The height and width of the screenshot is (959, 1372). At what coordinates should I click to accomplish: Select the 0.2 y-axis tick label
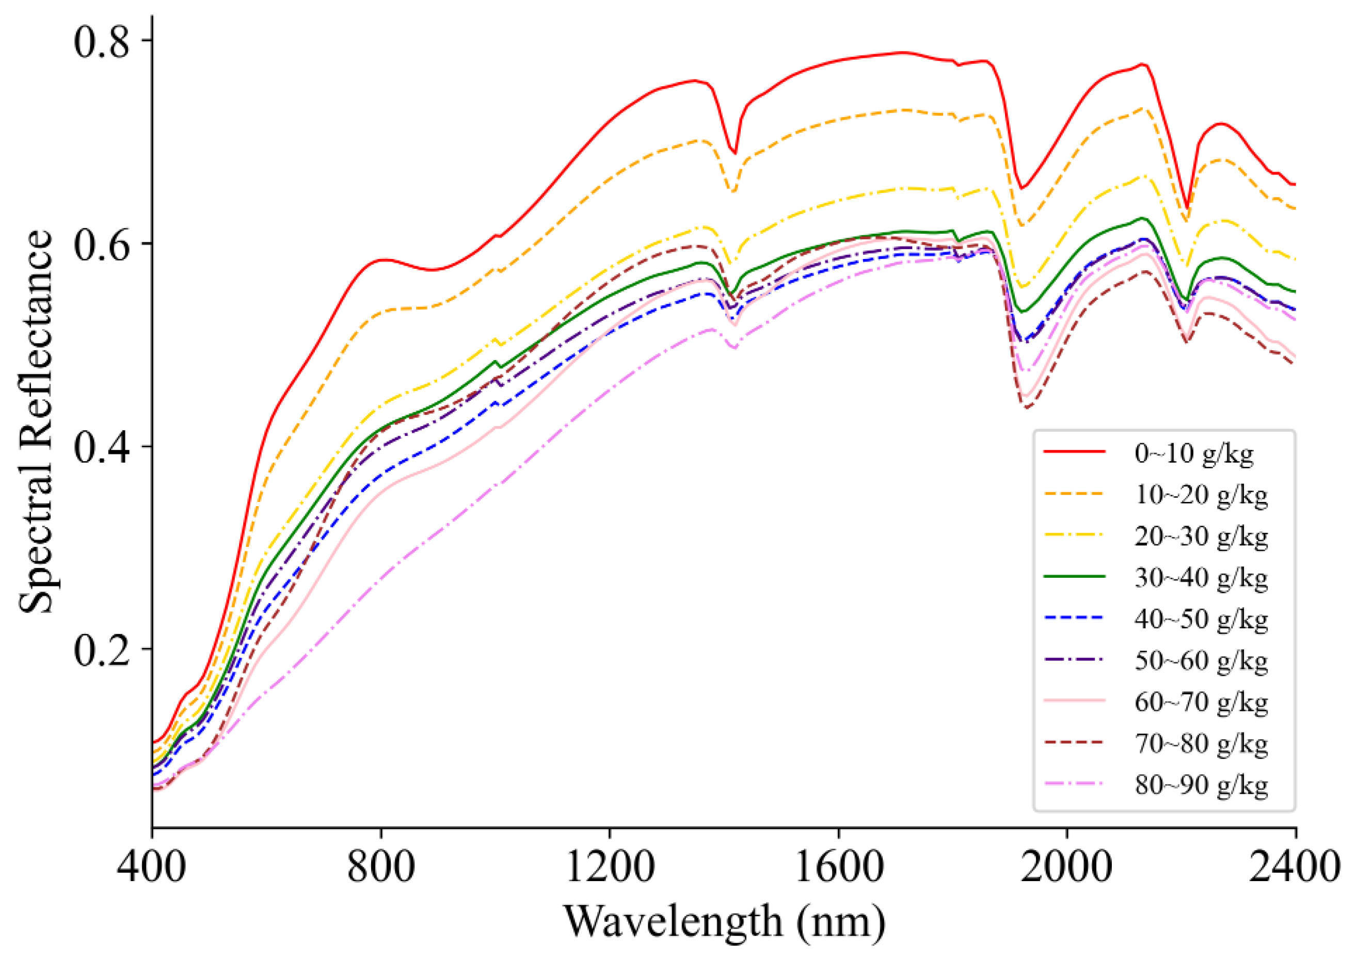point(101,651)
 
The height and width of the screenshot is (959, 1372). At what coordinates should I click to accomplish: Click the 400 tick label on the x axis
point(152,867)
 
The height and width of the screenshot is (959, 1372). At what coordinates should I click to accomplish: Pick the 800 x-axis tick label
point(380,867)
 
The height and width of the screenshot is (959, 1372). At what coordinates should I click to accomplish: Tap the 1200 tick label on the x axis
point(610,867)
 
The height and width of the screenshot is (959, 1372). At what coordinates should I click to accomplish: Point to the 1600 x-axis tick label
point(838,867)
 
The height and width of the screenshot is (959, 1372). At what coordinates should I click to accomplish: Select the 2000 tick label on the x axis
point(1066,867)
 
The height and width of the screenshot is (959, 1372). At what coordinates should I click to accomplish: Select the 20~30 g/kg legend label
point(1201,536)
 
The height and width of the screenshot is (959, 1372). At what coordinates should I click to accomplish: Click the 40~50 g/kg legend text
point(1201,619)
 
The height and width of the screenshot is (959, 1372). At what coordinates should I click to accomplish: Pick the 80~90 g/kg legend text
point(1201,785)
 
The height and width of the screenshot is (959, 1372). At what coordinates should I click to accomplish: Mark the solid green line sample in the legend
point(1074,576)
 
